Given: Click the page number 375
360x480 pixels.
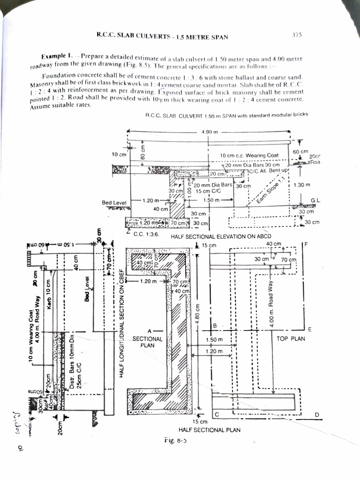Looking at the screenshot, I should pyautogui.click(x=297, y=34).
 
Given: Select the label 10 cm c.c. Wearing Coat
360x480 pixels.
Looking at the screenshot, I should pyautogui.click(x=249, y=155).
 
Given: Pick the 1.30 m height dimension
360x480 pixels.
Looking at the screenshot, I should pyautogui.click(x=301, y=185).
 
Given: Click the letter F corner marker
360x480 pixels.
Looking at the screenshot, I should pyautogui.click(x=305, y=245).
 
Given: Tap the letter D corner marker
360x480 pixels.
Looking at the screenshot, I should pyautogui.click(x=317, y=414).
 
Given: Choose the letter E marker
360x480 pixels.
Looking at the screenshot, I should pyautogui.click(x=309, y=329).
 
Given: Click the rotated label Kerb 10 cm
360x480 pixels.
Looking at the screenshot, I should pyautogui.click(x=48, y=289).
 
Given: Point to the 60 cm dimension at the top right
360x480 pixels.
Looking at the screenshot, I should pyautogui.click(x=300, y=152).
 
